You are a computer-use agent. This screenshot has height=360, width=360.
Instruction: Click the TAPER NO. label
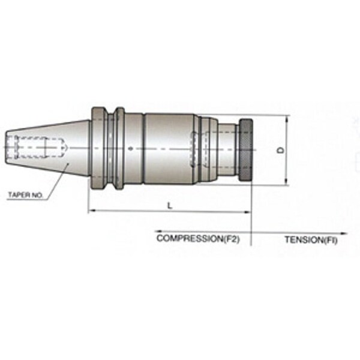pyautogui.click(x=25, y=195)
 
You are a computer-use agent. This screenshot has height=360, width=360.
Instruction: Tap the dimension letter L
pyautogui.click(x=170, y=205)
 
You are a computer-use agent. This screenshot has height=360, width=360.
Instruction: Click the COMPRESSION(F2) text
pyautogui.click(x=198, y=239)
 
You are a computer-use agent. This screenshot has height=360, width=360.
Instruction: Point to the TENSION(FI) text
pyautogui.click(x=311, y=240)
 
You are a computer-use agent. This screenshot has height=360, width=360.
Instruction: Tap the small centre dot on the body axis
pyautogui.click(x=131, y=149)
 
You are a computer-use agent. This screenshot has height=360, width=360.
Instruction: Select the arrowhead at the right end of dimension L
pyautogui.click(x=247, y=212)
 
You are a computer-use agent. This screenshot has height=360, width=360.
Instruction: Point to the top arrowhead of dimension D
pyautogui.click(x=286, y=119)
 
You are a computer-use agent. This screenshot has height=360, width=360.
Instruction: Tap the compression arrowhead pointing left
pyautogui.click(x=158, y=231)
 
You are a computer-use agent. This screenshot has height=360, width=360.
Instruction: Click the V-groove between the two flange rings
pyautogui.click(x=111, y=149)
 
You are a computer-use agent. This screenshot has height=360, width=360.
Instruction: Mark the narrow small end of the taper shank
pyautogui.click(x=7, y=148)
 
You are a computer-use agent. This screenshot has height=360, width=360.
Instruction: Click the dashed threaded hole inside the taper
pyautogui.click(x=37, y=147)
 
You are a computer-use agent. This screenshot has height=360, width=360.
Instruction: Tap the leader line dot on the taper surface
pyautogui.click(x=68, y=164)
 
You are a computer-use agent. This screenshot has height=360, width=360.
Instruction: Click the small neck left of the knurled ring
pyautogui.click(x=228, y=149)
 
